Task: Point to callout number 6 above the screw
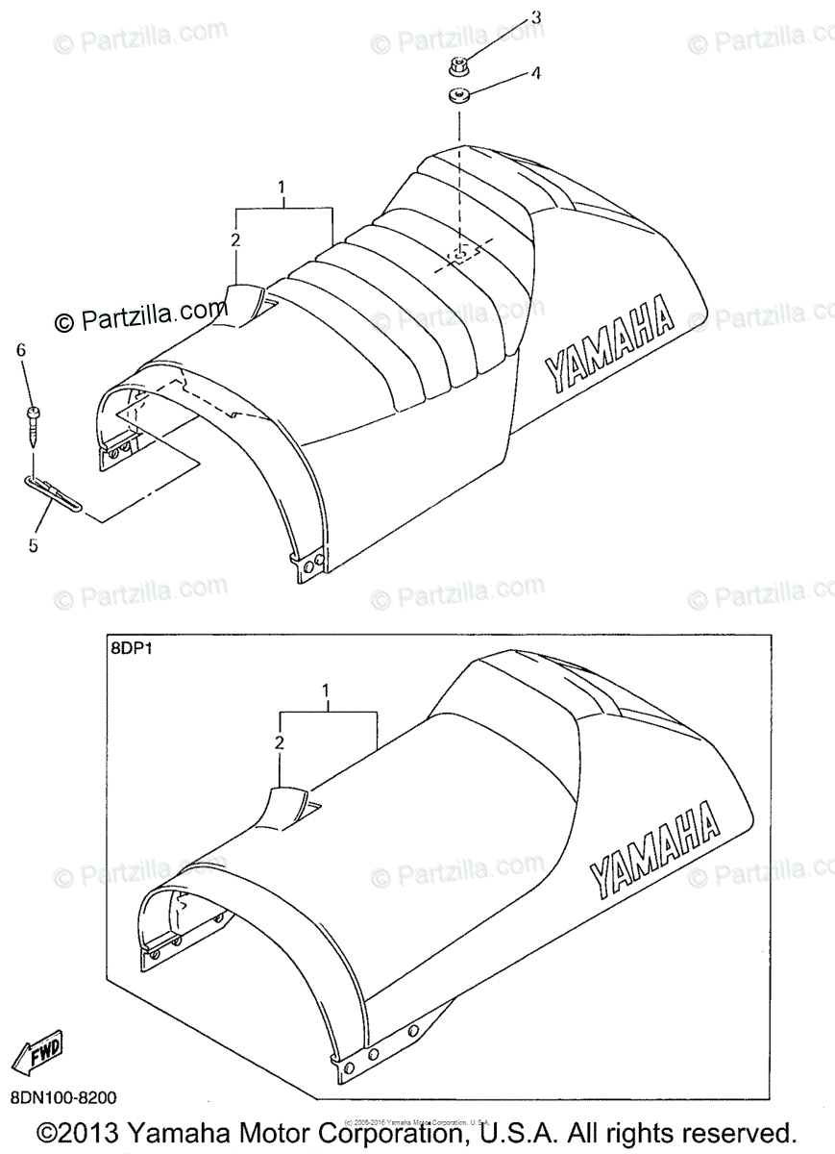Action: click(x=20, y=351)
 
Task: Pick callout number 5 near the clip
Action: click(x=33, y=545)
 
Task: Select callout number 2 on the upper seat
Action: click(x=235, y=239)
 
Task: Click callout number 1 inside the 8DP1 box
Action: click(x=327, y=690)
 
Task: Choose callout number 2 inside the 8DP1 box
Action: click(x=280, y=742)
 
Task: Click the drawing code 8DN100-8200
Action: click(x=65, y=1096)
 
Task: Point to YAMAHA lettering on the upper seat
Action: click(x=609, y=344)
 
